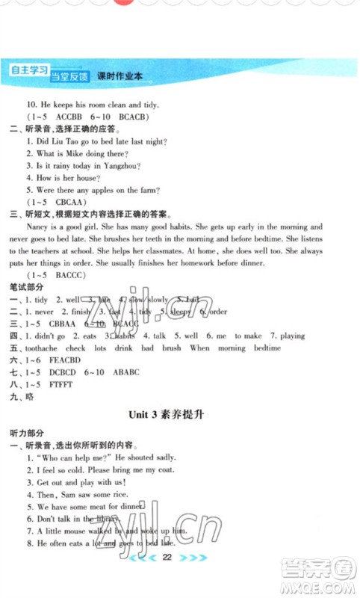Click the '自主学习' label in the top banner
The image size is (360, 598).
click(x=25, y=72)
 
